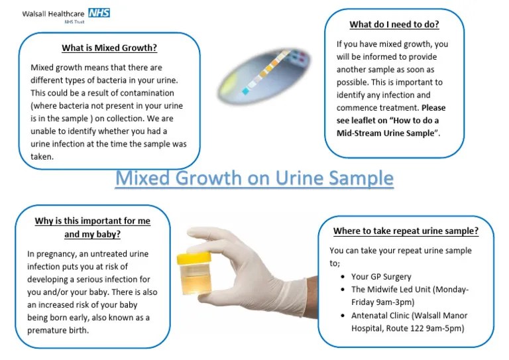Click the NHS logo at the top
98,13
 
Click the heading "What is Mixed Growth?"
109,48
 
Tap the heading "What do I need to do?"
394,25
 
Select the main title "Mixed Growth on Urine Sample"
254,178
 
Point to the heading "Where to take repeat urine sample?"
406,231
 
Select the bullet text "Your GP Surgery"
381,276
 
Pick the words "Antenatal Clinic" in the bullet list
382,315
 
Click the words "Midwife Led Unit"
401,289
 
